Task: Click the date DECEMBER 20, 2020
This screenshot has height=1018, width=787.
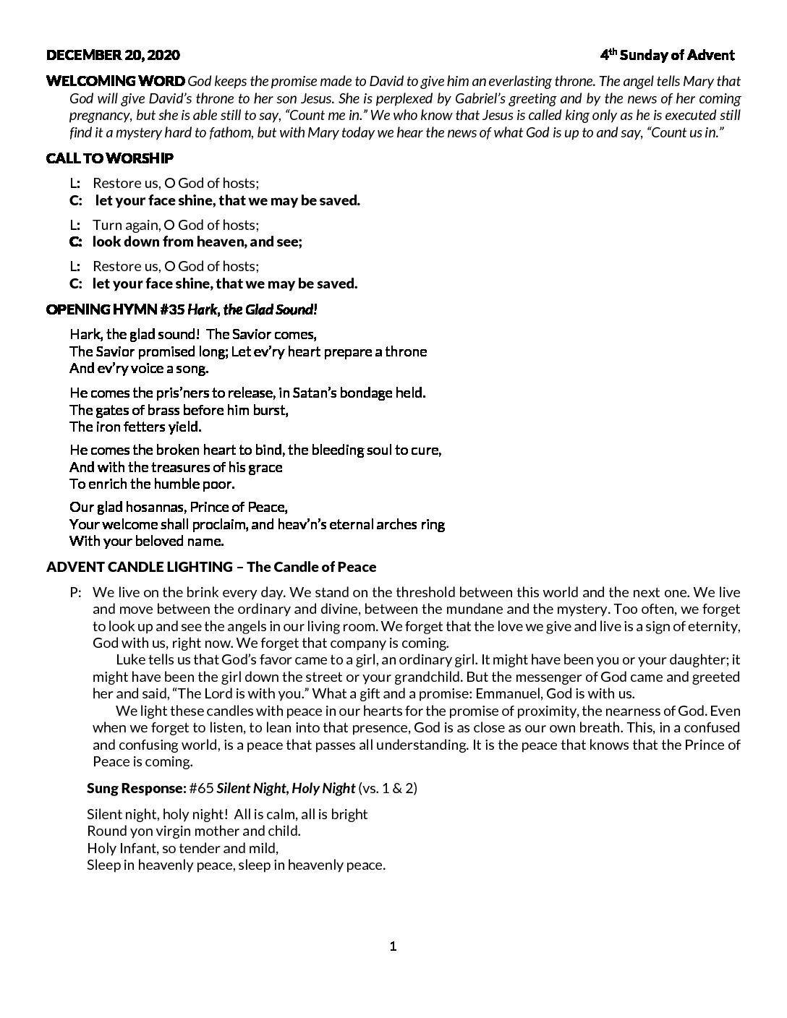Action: point(113,55)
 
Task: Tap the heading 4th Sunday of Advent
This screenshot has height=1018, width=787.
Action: point(667,55)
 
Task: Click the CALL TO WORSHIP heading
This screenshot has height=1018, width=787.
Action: point(110,158)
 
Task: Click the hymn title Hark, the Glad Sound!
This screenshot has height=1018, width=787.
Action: point(252,309)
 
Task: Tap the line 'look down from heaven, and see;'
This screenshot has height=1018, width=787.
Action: point(197,242)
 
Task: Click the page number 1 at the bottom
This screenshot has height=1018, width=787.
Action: point(393,946)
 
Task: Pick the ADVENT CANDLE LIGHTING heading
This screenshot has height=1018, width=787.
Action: point(139,567)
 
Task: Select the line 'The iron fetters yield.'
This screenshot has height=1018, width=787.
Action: point(135,427)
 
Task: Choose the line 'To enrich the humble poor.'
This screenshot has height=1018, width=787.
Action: point(152,484)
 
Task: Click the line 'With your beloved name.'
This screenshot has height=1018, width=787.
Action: point(147,540)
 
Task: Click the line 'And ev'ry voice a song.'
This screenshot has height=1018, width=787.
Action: point(139,368)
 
